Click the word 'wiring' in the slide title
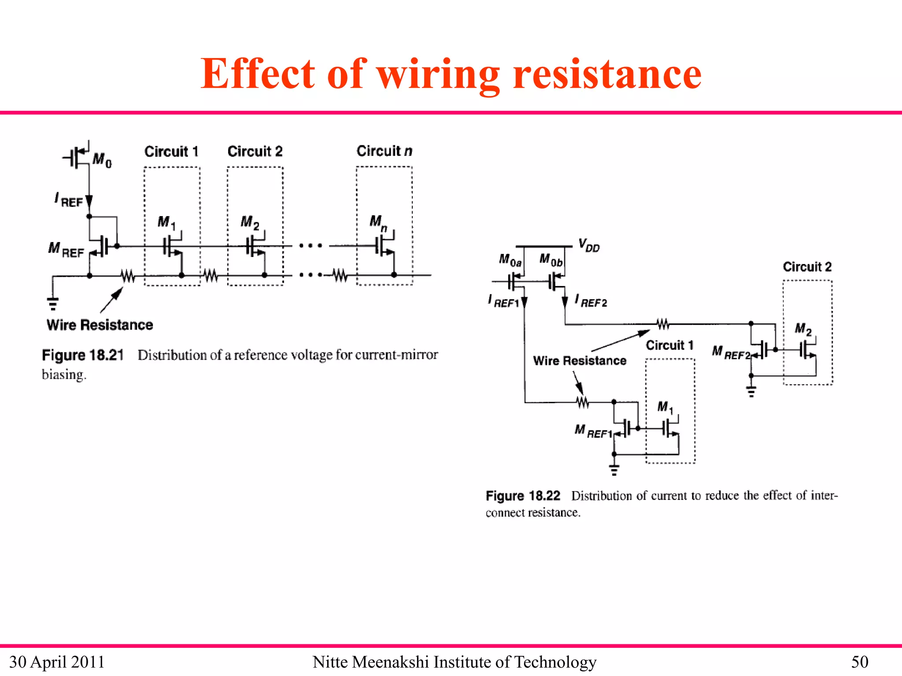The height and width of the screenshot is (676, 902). (x=438, y=75)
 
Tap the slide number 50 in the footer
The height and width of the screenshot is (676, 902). (x=859, y=662)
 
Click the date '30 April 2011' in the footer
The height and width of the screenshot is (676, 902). (x=57, y=662)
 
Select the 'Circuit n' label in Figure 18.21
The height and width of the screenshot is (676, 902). (x=384, y=151)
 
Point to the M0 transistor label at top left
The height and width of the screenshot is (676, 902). (x=102, y=160)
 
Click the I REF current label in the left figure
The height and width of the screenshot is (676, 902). (x=69, y=200)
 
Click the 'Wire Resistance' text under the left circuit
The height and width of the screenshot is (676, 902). (x=100, y=325)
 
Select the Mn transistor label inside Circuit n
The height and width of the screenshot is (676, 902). (x=378, y=222)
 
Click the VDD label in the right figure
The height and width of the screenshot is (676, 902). (x=589, y=246)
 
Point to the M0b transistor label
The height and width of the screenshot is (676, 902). (x=551, y=260)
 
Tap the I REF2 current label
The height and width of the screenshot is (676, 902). (x=591, y=301)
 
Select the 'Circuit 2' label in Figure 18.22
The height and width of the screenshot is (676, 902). (x=807, y=267)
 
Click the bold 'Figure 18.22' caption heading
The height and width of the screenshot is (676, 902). (x=523, y=496)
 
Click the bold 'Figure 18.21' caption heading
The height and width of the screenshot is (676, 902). (x=82, y=355)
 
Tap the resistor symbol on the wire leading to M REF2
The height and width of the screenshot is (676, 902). (x=663, y=324)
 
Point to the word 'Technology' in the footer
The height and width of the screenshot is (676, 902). (x=555, y=662)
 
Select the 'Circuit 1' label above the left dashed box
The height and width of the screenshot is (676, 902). (x=171, y=151)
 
